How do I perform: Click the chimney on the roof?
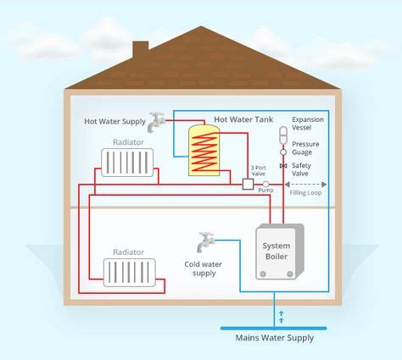(x=140, y=48)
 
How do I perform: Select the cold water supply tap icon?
(x=204, y=241)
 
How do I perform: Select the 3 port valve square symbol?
(x=248, y=184)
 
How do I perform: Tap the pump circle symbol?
(x=265, y=184)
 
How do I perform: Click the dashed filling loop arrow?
(x=306, y=184)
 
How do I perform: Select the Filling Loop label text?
(x=306, y=193)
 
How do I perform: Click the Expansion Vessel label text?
(x=308, y=125)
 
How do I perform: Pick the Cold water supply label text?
(x=204, y=269)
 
